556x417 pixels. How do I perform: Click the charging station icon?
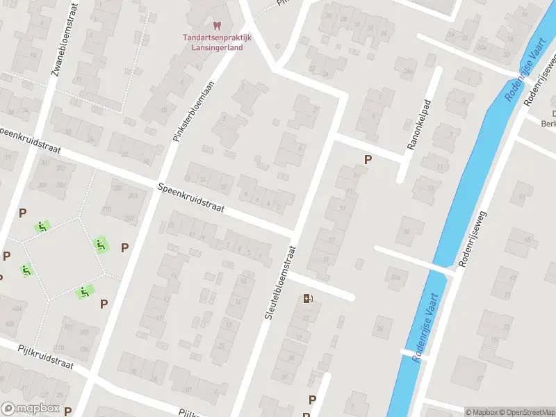[308, 299]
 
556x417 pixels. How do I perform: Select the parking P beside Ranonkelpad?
[368, 160]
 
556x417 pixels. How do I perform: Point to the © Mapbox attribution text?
[482, 412]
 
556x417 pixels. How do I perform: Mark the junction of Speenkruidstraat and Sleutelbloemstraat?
[297, 233]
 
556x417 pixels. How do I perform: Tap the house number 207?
[129, 218]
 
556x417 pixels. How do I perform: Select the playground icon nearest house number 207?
[101, 245]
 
